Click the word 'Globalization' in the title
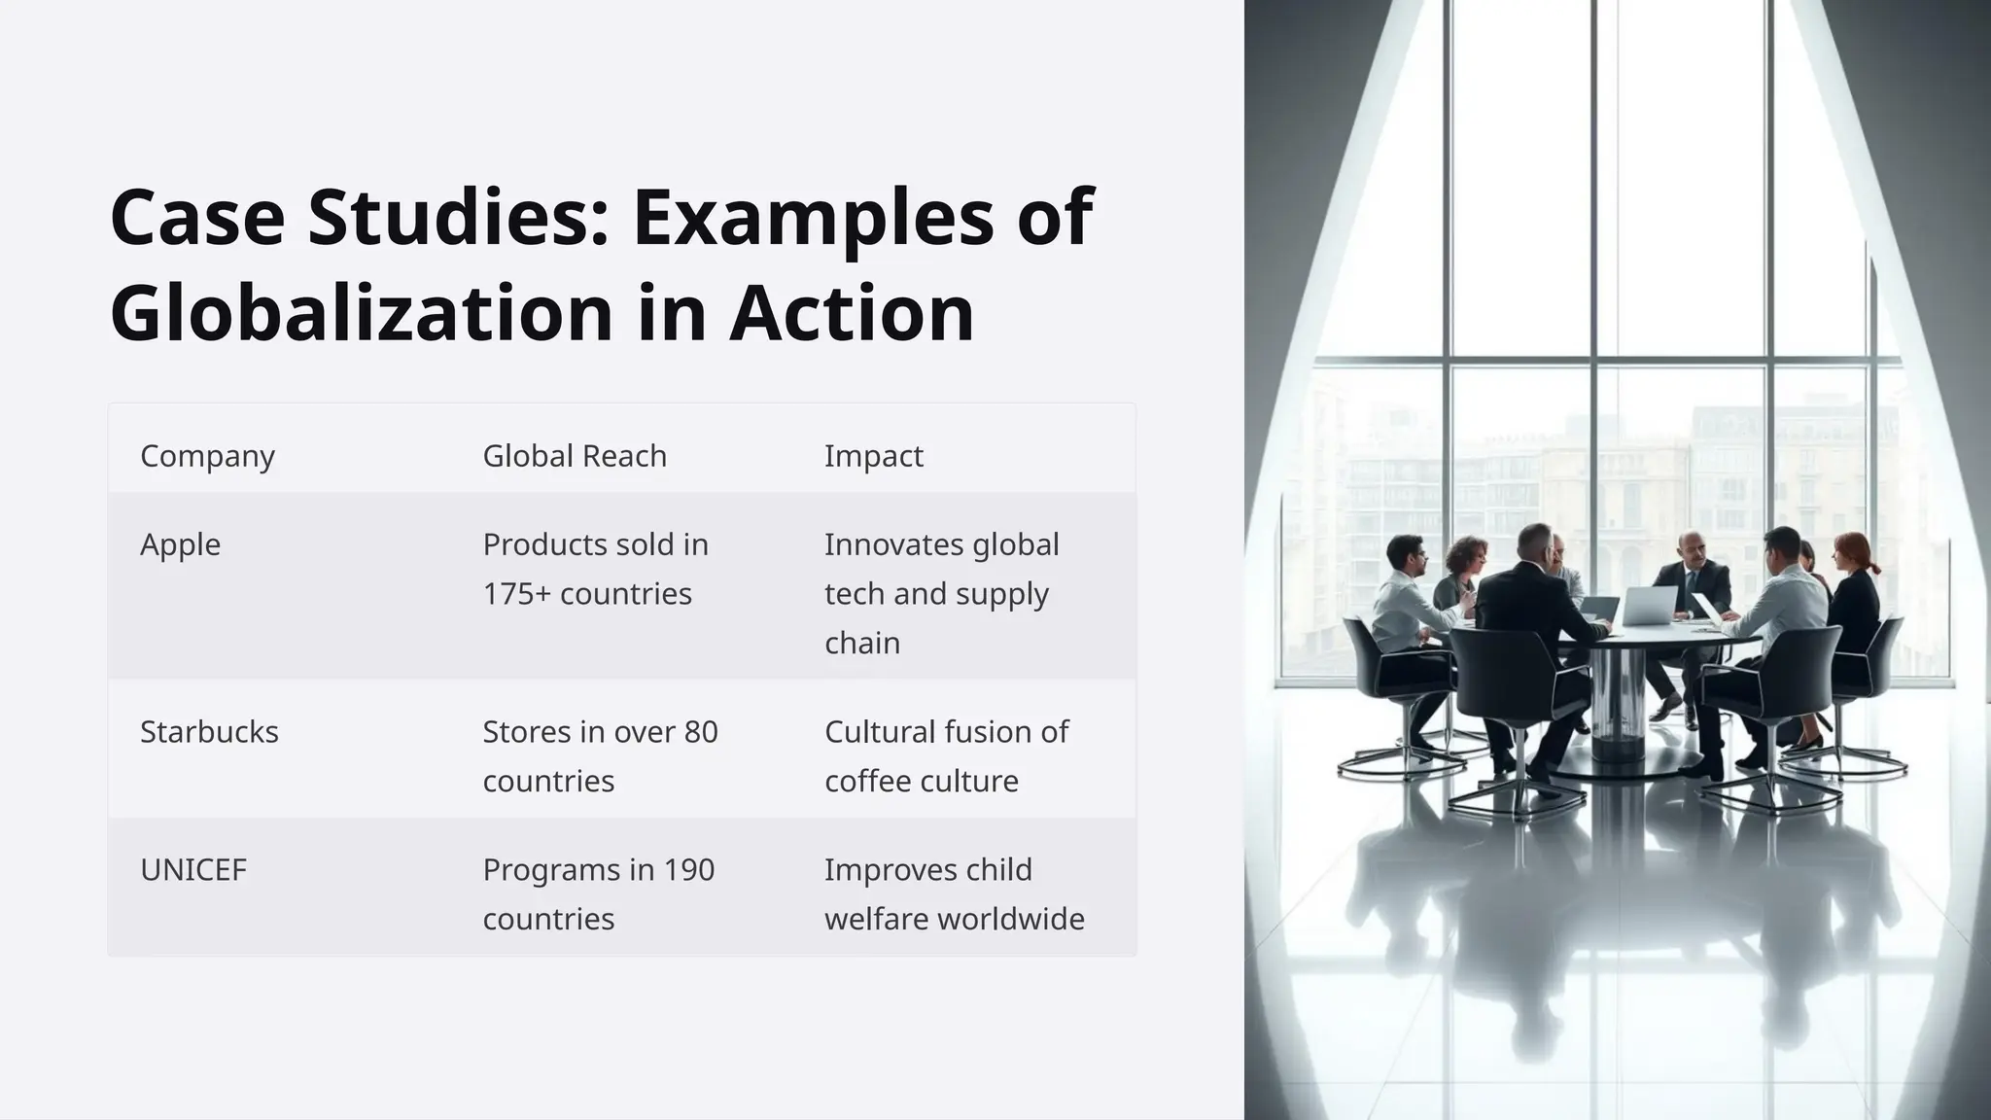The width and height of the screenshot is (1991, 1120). pyautogui.click(x=362, y=313)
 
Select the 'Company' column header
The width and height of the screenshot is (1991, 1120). pyautogui.click(x=207, y=455)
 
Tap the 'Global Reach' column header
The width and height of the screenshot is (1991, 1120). pyautogui.click(x=575, y=455)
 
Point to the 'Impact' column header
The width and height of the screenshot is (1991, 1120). pyautogui.click(x=873, y=455)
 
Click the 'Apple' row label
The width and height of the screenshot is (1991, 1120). pyautogui.click(x=180, y=544)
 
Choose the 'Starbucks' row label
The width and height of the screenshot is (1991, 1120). pyautogui.click(x=209, y=731)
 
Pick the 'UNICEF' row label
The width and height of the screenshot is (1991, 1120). pyautogui.click(x=193, y=869)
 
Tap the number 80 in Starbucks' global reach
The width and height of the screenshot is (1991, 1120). pyautogui.click(x=700, y=731)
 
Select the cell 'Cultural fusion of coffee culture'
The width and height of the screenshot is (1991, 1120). pyautogui.click(x=946, y=756)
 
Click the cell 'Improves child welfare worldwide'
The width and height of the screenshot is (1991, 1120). pyautogui.click(x=954, y=894)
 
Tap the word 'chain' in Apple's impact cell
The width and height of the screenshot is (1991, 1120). pyautogui.click(x=862, y=644)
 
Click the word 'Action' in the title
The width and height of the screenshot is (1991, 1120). pyautogui.click(x=852, y=313)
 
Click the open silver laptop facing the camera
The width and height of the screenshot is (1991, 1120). pyautogui.click(x=1650, y=606)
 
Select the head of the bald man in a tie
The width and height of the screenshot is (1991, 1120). pyautogui.click(x=1691, y=549)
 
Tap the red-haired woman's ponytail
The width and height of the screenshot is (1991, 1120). pyautogui.click(x=1872, y=565)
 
